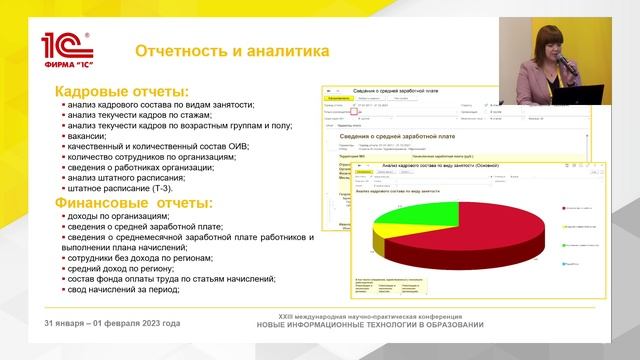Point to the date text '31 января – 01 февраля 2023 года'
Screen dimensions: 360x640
(x=113, y=323)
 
